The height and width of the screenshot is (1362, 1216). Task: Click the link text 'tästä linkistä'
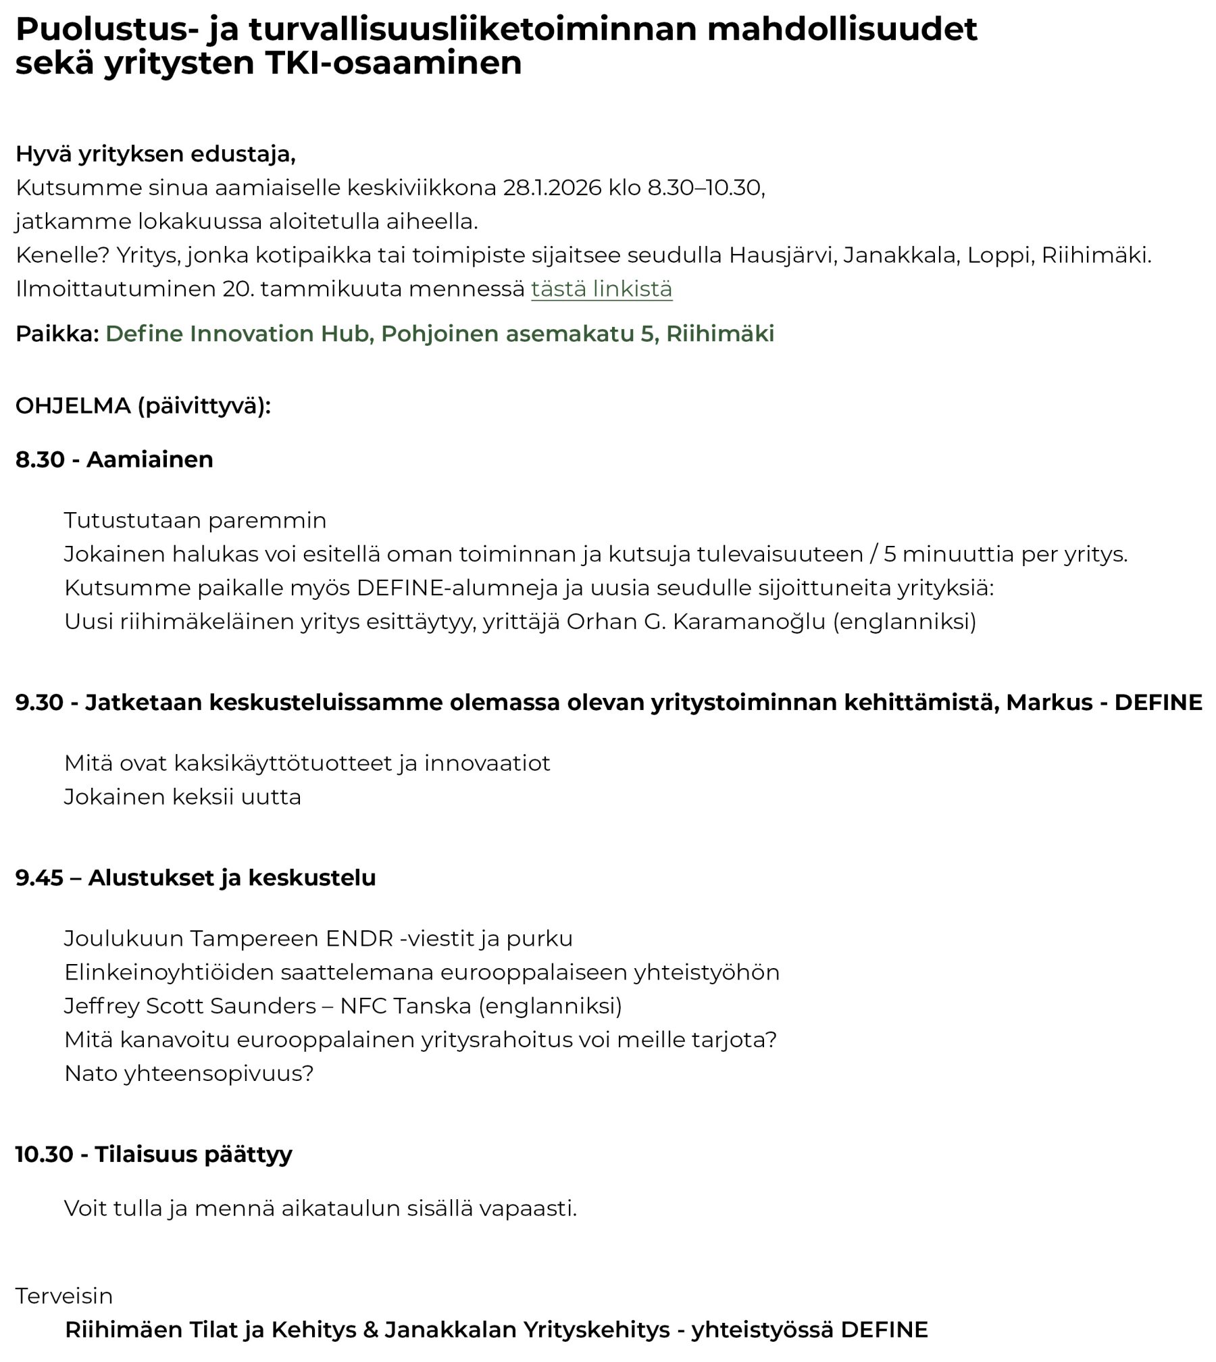601,289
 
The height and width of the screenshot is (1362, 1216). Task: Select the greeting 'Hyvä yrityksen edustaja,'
155,154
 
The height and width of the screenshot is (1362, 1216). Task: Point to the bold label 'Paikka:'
57,334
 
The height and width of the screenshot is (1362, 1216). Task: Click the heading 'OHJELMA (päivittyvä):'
143,406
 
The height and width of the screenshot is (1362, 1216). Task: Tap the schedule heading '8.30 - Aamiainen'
114,459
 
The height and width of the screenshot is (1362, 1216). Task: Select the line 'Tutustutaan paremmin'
195,520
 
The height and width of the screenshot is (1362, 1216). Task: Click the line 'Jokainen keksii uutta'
182,797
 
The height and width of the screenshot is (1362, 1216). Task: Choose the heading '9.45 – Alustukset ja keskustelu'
195,878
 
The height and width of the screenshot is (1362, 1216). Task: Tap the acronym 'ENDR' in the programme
359,938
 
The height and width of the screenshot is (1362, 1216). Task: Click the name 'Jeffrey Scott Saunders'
190,1006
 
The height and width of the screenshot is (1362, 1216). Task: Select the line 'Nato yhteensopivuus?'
189,1074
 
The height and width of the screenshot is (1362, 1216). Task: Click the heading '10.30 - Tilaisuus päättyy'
153,1154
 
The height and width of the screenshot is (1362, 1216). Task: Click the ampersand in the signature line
370,1330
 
